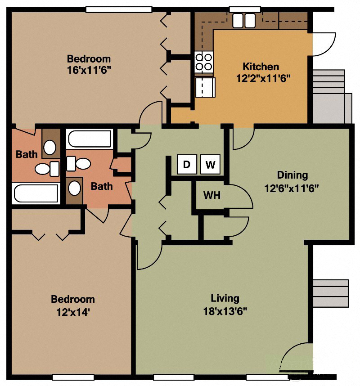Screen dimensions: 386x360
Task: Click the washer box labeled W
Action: pos(210,165)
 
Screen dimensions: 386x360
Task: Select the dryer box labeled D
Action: pos(187,165)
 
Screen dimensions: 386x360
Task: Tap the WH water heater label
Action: pos(211,196)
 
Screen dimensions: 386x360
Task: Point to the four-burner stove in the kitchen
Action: pos(203,62)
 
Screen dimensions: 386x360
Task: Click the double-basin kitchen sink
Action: pos(244,20)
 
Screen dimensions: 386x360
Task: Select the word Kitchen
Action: pos(261,67)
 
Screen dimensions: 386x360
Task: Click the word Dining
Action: pos(292,175)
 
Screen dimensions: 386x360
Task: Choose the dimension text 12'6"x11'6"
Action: pos(292,188)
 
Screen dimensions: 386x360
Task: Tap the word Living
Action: pos(225,298)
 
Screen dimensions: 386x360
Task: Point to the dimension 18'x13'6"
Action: pos(225,310)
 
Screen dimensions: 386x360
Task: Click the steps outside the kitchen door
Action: pos(332,96)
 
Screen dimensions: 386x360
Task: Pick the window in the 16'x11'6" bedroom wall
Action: pos(118,9)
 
